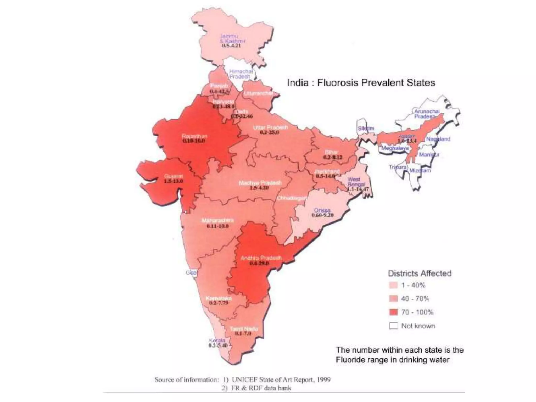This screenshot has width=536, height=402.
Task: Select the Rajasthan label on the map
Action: click(194, 136)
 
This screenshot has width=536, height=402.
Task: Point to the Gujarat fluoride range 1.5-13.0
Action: click(174, 181)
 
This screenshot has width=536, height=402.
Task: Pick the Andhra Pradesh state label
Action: click(261, 258)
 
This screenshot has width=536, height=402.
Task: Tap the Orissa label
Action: click(322, 210)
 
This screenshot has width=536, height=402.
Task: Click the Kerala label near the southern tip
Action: click(217, 340)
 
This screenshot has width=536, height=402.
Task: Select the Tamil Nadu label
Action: click(244, 329)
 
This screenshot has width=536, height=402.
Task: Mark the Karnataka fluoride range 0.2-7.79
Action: click(219, 303)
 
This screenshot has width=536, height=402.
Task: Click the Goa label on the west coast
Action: click(191, 273)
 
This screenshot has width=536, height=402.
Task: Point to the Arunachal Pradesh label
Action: click(427, 114)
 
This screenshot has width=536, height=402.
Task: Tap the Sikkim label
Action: click(366, 128)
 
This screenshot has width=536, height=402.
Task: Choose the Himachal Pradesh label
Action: click(241, 74)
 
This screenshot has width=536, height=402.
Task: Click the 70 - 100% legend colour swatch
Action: click(393, 312)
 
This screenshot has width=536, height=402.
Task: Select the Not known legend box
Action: click(393, 326)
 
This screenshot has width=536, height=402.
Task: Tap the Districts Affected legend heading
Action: click(420, 273)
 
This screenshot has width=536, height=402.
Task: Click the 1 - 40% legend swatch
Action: click(393, 285)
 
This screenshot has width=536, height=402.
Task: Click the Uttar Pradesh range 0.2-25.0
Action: click(270, 132)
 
